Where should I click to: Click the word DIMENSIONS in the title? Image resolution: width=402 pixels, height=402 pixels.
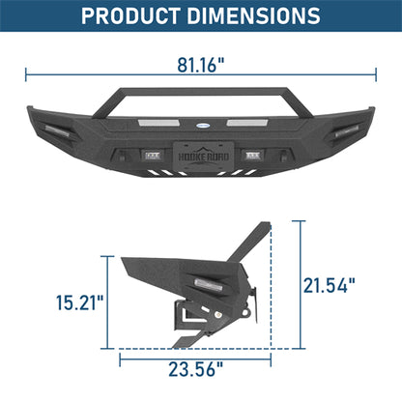(254, 16)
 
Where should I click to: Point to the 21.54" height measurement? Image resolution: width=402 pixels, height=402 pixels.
(331, 285)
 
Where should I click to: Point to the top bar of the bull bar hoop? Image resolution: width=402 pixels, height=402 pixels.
(200, 89)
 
